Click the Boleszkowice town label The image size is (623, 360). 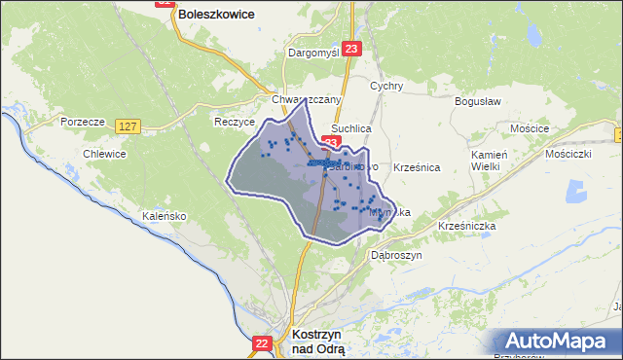[215, 15]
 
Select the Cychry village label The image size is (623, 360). [386, 86]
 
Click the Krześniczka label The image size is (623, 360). [468, 226]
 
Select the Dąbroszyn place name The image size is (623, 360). [394, 255]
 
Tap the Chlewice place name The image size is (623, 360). [104, 154]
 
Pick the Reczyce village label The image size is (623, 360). [234, 123]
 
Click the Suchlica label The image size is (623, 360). [351, 127]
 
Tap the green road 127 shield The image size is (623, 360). [128, 126]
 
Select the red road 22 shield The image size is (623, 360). [261, 343]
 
